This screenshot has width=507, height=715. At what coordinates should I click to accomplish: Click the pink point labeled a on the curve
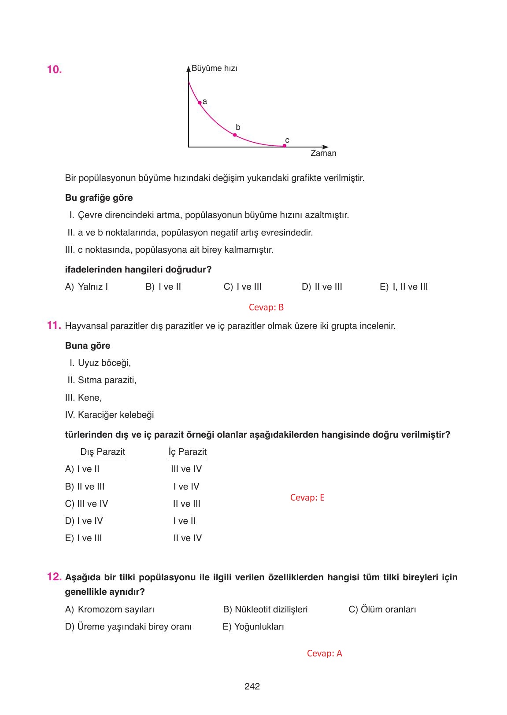200,103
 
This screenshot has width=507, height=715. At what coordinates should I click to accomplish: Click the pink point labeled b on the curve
235,135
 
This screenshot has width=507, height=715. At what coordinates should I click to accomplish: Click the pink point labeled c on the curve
284,146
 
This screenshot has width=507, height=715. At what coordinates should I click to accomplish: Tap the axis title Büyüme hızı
214,69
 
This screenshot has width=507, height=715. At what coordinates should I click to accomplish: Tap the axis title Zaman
323,153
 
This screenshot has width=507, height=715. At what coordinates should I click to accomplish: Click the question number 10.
54,70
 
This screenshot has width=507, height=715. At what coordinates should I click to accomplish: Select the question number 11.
53,325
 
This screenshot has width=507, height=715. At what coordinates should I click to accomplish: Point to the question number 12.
54,577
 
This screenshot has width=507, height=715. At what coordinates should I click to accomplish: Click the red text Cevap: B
266,307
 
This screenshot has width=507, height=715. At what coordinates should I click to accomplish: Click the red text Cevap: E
307,498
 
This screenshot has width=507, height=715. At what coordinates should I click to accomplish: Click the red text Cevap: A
324,653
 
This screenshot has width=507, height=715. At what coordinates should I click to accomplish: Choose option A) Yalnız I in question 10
87,287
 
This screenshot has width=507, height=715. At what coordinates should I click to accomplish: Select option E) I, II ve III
403,287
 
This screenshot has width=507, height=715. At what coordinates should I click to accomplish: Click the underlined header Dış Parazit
102,452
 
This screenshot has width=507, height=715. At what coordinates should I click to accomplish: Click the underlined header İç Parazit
187,452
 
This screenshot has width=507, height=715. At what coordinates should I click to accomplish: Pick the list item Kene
89,398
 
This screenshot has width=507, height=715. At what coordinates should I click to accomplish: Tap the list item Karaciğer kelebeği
115,415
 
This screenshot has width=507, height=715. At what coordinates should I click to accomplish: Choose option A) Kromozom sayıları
110,610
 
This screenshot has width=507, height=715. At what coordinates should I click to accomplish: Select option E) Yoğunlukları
253,627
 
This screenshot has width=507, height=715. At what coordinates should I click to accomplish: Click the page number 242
252,686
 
